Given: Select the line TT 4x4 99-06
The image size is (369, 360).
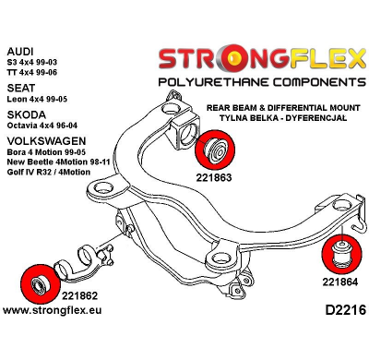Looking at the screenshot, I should click(38, 72).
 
